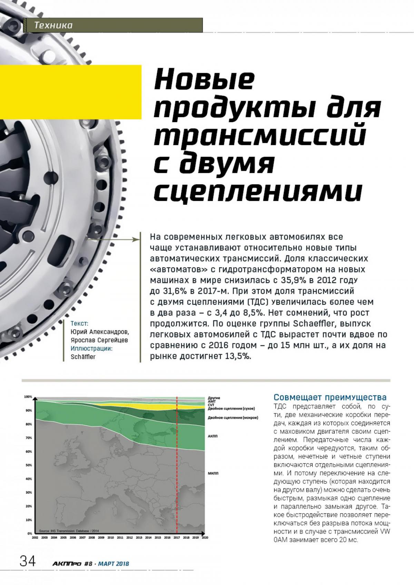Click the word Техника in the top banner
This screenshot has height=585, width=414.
coord(53,25)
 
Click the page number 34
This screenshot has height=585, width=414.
coord(27,561)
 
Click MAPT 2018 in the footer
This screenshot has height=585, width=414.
coord(114,564)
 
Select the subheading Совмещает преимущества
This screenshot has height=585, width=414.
coord(330,397)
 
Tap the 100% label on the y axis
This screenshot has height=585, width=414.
coord(28,397)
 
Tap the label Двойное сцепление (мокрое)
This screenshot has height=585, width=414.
coord(233,417)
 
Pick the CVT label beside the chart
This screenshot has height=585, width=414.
coord(211,405)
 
